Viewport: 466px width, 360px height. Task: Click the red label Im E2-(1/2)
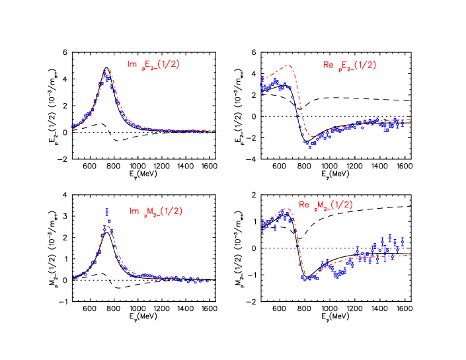click(153, 65)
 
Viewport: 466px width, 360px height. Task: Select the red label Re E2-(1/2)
click(350, 65)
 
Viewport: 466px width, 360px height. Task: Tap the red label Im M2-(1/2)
click(155, 211)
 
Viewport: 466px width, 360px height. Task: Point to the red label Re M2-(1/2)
click(326, 205)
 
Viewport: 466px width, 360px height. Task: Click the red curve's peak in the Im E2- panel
click(107, 68)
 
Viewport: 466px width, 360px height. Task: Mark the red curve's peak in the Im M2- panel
click(106, 226)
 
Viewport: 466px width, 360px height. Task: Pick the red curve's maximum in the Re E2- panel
click(288, 65)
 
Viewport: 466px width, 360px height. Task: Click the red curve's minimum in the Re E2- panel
click(311, 136)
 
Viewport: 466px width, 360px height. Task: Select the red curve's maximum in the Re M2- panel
click(286, 209)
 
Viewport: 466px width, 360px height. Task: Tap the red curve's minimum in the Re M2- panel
click(305, 275)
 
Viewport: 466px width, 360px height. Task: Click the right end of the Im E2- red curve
click(215, 130)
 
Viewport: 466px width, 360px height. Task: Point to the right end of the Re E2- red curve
click(410, 120)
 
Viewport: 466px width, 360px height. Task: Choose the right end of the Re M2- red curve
click(410, 255)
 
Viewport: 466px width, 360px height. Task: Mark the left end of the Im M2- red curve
click(73, 277)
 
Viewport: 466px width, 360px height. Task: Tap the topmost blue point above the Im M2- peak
click(106, 209)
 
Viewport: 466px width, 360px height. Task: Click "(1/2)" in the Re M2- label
click(341, 205)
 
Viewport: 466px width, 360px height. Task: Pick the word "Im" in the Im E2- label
click(132, 64)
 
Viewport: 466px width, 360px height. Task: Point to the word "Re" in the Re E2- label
click(328, 65)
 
